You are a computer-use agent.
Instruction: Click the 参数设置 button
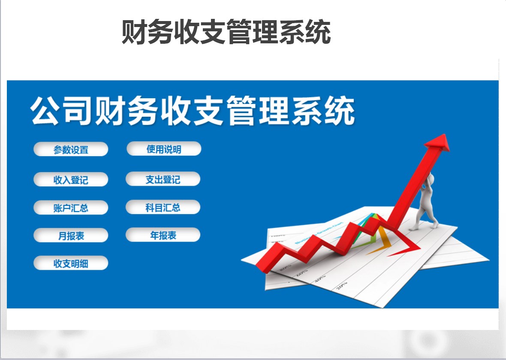click(x=71, y=150)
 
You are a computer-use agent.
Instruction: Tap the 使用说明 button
click(x=164, y=149)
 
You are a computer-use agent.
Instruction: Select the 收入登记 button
click(x=71, y=179)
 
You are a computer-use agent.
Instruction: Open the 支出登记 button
click(x=163, y=179)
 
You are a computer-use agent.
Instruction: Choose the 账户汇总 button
click(x=71, y=208)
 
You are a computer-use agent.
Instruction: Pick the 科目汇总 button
click(x=163, y=208)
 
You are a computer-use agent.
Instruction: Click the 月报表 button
click(x=71, y=236)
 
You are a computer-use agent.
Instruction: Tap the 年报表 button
click(x=163, y=235)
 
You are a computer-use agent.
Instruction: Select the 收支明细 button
click(x=71, y=263)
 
